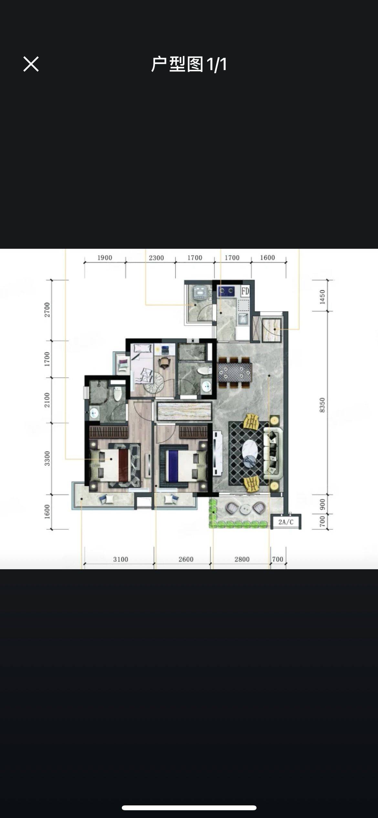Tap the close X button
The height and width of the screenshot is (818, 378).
[x=31, y=64]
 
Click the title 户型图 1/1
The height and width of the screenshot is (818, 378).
[x=189, y=64]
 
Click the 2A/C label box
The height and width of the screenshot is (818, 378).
[x=286, y=522]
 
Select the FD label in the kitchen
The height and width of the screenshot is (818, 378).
[x=245, y=291]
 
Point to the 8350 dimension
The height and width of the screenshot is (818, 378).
[x=322, y=405]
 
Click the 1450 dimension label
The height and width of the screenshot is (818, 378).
[x=322, y=297]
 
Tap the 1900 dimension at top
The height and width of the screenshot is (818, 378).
[x=105, y=258]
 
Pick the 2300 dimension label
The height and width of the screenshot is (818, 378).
[x=156, y=258]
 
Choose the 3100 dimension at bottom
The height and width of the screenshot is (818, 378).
[x=121, y=559]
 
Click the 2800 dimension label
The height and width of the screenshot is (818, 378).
[x=242, y=559]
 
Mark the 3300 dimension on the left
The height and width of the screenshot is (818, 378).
[x=47, y=458]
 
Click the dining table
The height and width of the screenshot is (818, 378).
[x=235, y=372]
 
